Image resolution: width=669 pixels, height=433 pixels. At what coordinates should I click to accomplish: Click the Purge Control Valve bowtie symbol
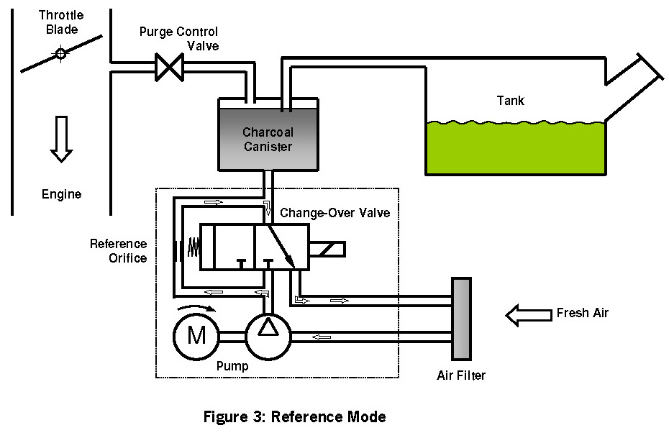click(170, 69)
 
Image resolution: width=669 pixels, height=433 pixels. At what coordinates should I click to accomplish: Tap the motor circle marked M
click(196, 335)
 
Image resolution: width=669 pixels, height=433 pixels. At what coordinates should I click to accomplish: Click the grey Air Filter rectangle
click(460, 319)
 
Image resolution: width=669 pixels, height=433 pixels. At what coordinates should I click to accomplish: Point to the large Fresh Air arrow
click(529, 314)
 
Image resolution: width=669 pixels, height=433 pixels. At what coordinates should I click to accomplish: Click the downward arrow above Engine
click(61, 140)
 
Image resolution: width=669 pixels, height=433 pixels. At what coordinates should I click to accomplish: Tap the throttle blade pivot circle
click(61, 54)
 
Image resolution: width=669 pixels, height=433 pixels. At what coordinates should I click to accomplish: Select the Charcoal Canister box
click(268, 138)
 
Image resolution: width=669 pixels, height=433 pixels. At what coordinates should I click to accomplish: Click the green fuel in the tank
click(514, 148)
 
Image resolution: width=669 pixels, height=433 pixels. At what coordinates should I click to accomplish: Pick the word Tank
click(511, 101)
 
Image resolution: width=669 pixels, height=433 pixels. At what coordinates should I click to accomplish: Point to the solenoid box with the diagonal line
click(329, 249)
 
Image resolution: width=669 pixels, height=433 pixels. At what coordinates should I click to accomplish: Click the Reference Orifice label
click(118, 251)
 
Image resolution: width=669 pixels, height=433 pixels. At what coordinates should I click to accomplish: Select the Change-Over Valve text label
click(334, 213)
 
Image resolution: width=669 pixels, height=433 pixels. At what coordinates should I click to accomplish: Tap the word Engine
click(61, 194)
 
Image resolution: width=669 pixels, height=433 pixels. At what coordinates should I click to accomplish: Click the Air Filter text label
click(461, 375)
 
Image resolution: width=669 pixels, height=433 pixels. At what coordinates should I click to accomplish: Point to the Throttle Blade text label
click(60, 22)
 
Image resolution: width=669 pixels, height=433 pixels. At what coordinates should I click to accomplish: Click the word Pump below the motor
click(232, 366)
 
